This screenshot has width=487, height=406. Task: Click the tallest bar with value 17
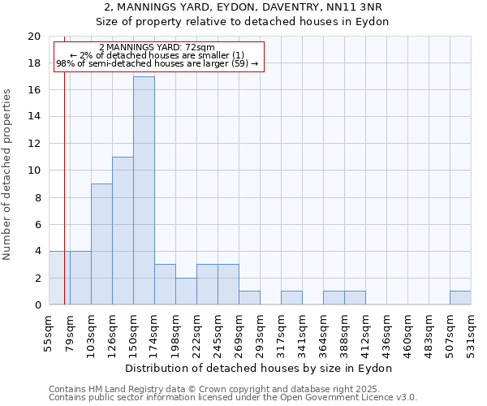(144, 191)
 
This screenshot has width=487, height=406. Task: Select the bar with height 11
(123, 231)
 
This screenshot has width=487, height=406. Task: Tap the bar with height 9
(101, 244)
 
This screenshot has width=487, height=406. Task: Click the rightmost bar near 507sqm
(460, 298)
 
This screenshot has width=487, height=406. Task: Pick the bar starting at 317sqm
(291, 298)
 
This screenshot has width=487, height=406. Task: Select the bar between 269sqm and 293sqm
(249, 298)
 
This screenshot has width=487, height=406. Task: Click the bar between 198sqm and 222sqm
(186, 292)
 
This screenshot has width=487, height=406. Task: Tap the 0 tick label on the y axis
(37, 305)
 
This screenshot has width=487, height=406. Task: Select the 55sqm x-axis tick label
(49, 330)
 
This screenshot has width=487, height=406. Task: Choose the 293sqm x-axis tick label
(260, 330)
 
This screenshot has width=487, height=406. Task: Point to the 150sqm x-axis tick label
(133, 330)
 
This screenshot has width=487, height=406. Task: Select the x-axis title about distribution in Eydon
(260, 368)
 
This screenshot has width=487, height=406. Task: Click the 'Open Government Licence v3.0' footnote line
(233, 398)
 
